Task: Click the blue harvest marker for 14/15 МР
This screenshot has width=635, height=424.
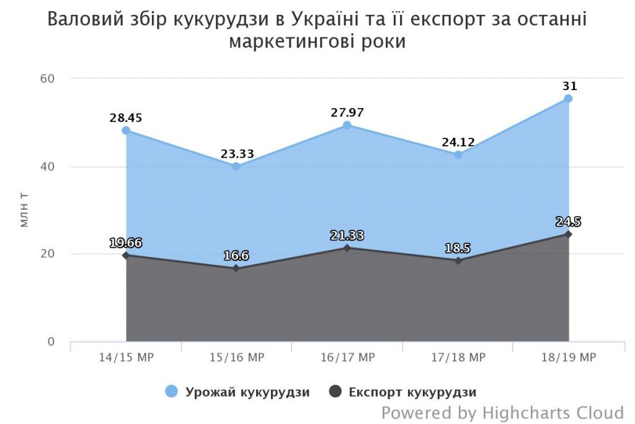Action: [126, 130]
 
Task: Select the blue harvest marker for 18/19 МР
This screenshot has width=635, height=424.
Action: [568, 99]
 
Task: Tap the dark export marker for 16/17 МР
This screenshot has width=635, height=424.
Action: [347, 248]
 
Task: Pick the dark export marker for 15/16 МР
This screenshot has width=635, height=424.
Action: [236, 269]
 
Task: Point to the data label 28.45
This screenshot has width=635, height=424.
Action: [126, 118]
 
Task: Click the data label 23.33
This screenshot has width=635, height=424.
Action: [236, 154]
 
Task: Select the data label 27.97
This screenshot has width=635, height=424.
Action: [347, 113]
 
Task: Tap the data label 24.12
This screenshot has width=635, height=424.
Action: [458, 142]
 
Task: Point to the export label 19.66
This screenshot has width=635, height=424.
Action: [126, 243]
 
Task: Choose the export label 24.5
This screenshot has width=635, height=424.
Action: [568, 222]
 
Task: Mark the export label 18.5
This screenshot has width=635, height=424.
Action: [458, 248]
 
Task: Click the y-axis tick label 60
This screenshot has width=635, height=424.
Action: [48, 79]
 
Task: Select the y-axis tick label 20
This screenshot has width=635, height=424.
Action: [48, 254]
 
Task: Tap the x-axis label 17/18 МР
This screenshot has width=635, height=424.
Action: [458, 358]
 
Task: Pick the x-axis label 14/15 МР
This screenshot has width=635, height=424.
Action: [126, 358]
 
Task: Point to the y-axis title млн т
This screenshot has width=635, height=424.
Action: [25, 210]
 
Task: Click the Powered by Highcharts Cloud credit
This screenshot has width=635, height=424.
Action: [502, 412]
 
